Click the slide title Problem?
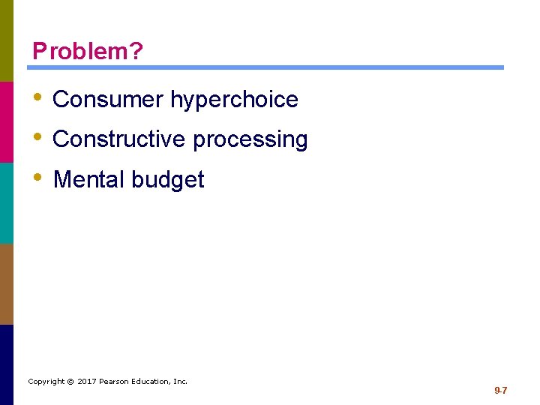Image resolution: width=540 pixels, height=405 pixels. [88, 51]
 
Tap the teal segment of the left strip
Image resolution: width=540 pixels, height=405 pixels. [6, 202]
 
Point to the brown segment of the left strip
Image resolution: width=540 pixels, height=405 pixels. [6, 283]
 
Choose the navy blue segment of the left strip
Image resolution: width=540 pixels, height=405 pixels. [6, 364]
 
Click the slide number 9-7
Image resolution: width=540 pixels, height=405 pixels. [500, 391]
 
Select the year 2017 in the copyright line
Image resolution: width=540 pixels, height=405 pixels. [86, 382]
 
